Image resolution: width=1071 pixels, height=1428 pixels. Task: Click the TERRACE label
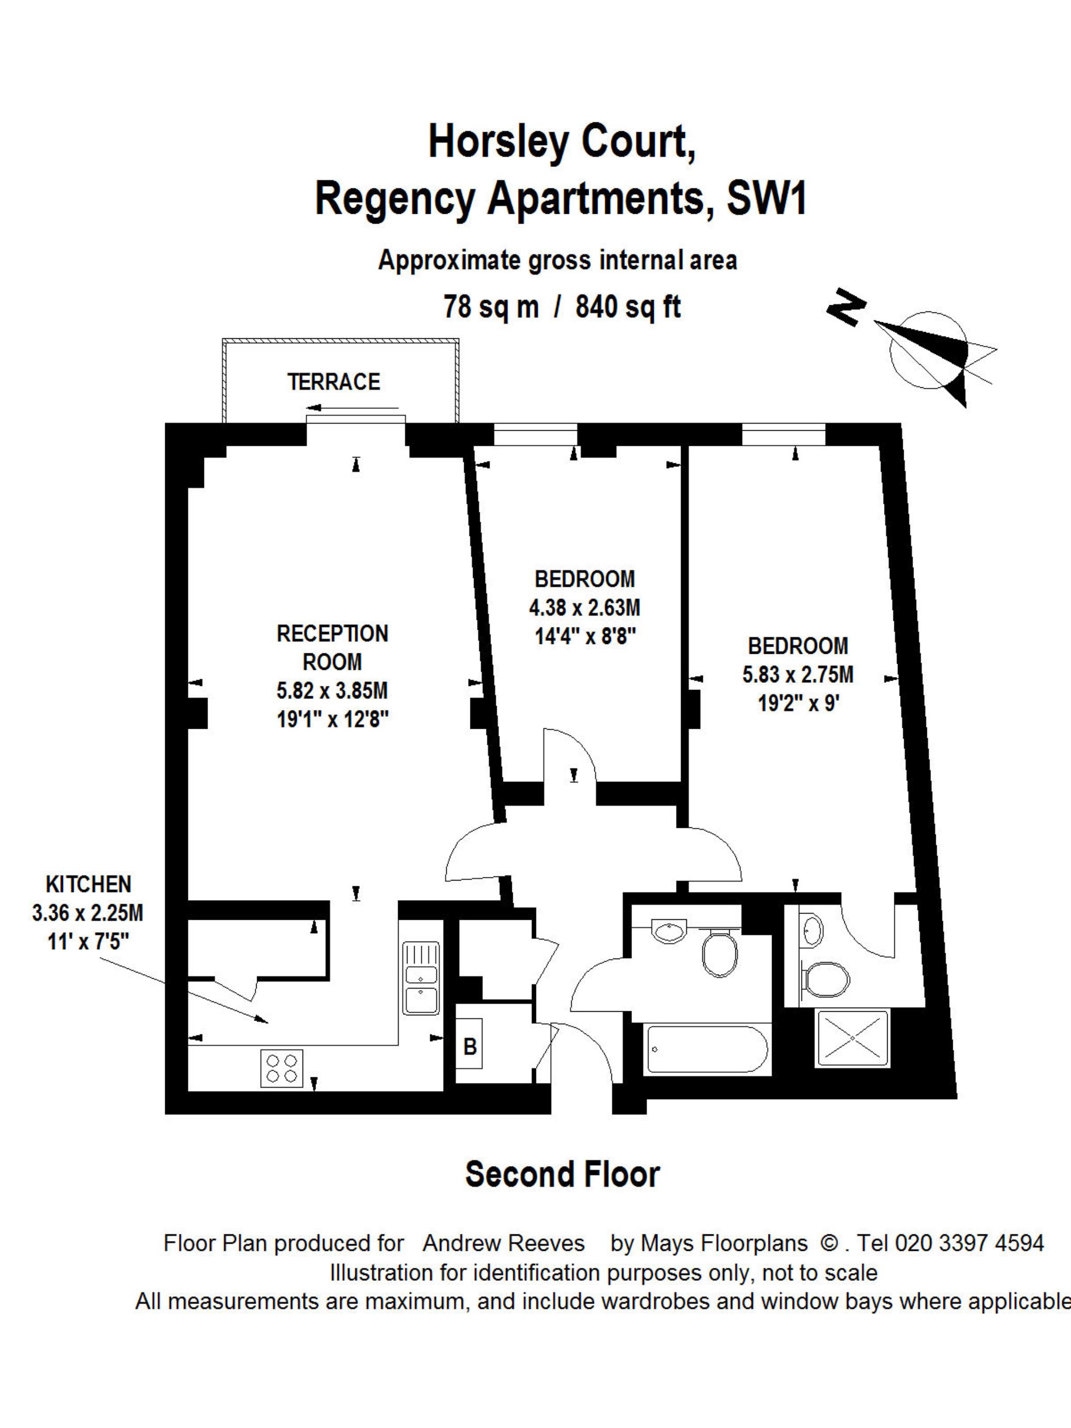(334, 382)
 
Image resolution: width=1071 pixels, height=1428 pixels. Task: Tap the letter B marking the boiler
(470, 1046)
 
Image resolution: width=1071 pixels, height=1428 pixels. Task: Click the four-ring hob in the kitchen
(282, 1069)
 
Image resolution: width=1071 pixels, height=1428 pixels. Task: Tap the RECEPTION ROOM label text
(333, 648)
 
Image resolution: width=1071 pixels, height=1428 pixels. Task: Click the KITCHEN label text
(88, 884)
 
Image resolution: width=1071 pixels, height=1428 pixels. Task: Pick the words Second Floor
(562, 1174)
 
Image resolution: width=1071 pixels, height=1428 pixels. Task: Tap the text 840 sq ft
(628, 307)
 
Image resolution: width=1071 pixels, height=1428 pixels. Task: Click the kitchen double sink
(421, 977)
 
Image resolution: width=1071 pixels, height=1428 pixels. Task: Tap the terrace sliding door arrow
(353, 408)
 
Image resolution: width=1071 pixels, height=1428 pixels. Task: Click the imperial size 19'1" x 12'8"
(333, 718)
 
